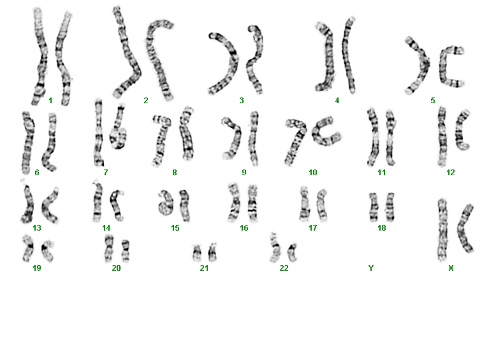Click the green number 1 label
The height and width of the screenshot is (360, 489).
click(x=50, y=101)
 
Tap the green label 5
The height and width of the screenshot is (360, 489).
click(x=432, y=101)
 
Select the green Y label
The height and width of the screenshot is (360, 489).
click(x=371, y=268)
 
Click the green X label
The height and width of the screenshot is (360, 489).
click(x=451, y=268)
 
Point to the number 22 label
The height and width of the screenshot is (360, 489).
click(x=284, y=268)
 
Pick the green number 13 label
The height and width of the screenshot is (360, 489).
click(x=37, y=228)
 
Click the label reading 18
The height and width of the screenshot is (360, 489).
click(x=382, y=228)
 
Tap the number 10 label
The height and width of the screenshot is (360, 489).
click(x=313, y=173)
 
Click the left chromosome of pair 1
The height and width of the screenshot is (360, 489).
click(x=40, y=56)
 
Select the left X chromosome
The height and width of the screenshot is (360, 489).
click(x=443, y=229)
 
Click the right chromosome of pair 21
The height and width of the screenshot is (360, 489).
click(x=212, y=252)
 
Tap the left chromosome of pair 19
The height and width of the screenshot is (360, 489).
click(x=29, y=248)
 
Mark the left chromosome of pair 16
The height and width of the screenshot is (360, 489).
click(x=234, y=203)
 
